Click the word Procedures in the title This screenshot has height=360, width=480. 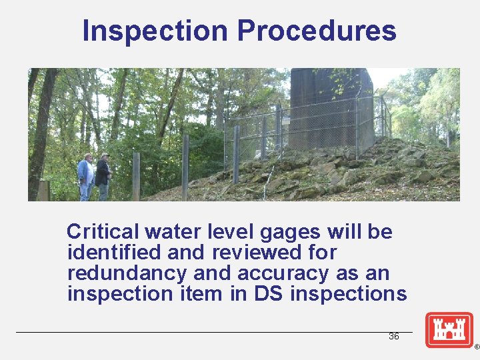click(x=317, y=31)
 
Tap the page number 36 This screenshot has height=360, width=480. click(x=394, y=336)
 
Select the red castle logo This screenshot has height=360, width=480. click(x=449, y=330)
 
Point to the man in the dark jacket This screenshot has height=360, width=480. click(x=103, y=175)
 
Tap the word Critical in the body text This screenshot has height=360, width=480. click(x=103, y=232)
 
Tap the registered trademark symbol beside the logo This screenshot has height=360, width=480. click(x=476, y=347)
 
